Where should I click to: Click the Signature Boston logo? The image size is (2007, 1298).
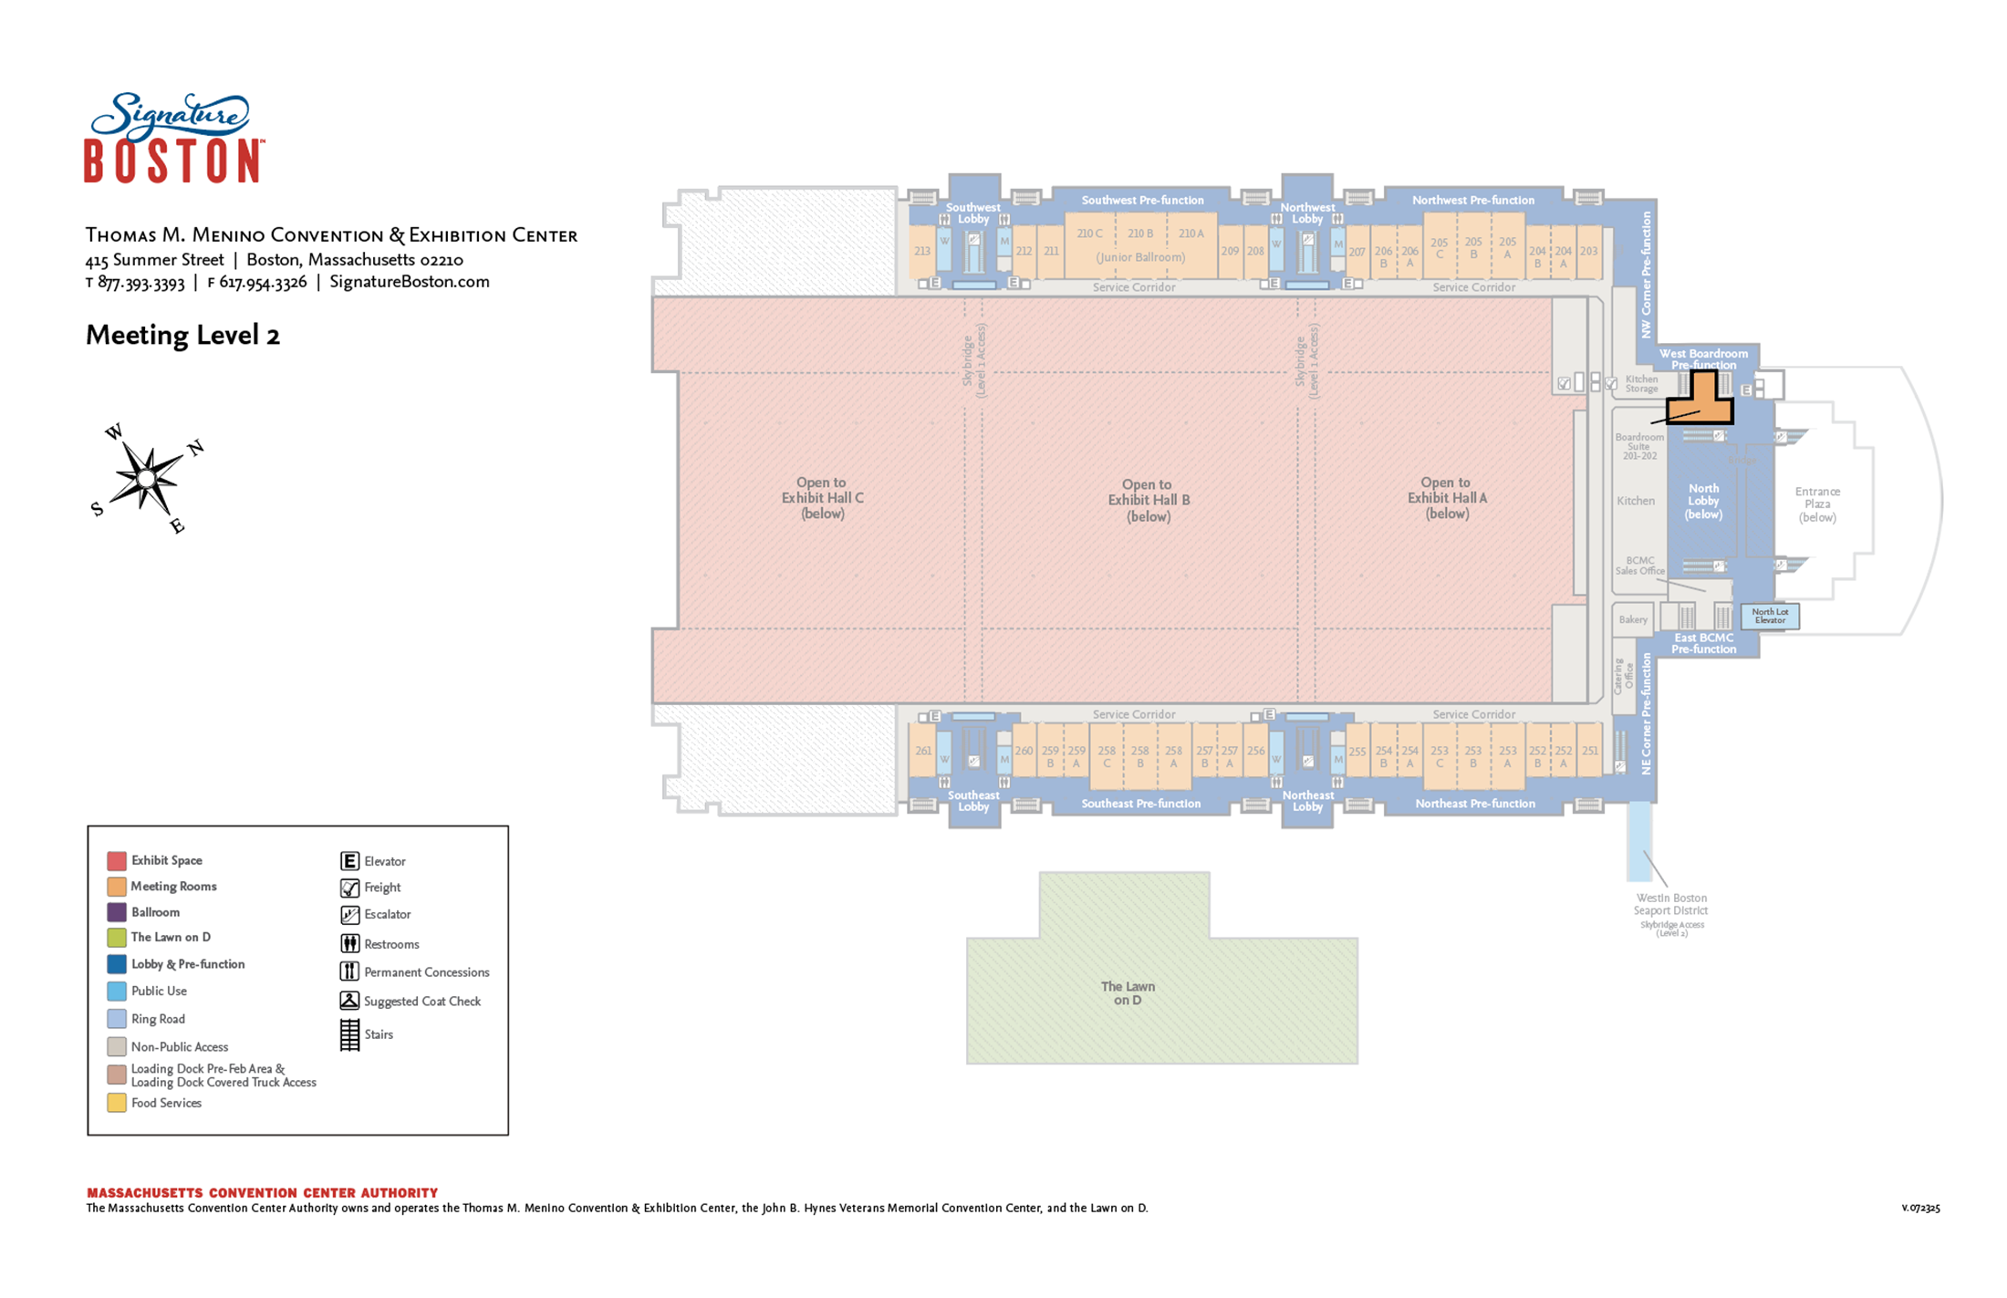[x=173, y=138]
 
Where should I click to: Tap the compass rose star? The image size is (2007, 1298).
[x=147, y=478]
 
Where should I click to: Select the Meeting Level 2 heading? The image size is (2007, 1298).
[x=182, y=336]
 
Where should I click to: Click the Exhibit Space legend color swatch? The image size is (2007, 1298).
[x=117, y=860]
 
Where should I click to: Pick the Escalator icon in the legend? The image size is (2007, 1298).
[x=349, y=914]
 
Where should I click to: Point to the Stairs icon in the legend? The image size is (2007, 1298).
[x=349, y=1034]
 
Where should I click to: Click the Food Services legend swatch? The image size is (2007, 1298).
[x=117, y=1103]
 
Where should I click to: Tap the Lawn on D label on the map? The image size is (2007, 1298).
[x=1128, y=993]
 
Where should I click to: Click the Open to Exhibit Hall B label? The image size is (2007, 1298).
[x=1148, y=500]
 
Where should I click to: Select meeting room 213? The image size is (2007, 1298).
[x=922, y=251]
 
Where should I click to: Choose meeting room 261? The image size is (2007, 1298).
[x=923, y=751]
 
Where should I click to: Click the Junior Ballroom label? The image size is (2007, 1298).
[x=1140, y=257]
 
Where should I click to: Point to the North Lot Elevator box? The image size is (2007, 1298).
[x=1770, y=617]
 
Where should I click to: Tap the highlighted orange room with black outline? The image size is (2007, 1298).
[x=1702, y=401]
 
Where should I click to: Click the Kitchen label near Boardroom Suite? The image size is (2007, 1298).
[x=1635, y=501]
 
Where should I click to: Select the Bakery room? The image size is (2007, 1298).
[x=1633, y=619]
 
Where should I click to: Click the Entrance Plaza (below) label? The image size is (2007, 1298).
[x=1816, y=504]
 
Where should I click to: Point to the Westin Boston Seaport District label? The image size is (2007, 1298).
[x=1670, y=904]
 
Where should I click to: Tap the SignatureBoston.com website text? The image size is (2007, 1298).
[x=410, y=282]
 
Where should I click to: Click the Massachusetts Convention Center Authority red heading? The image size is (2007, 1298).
[x=262, y=1192]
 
